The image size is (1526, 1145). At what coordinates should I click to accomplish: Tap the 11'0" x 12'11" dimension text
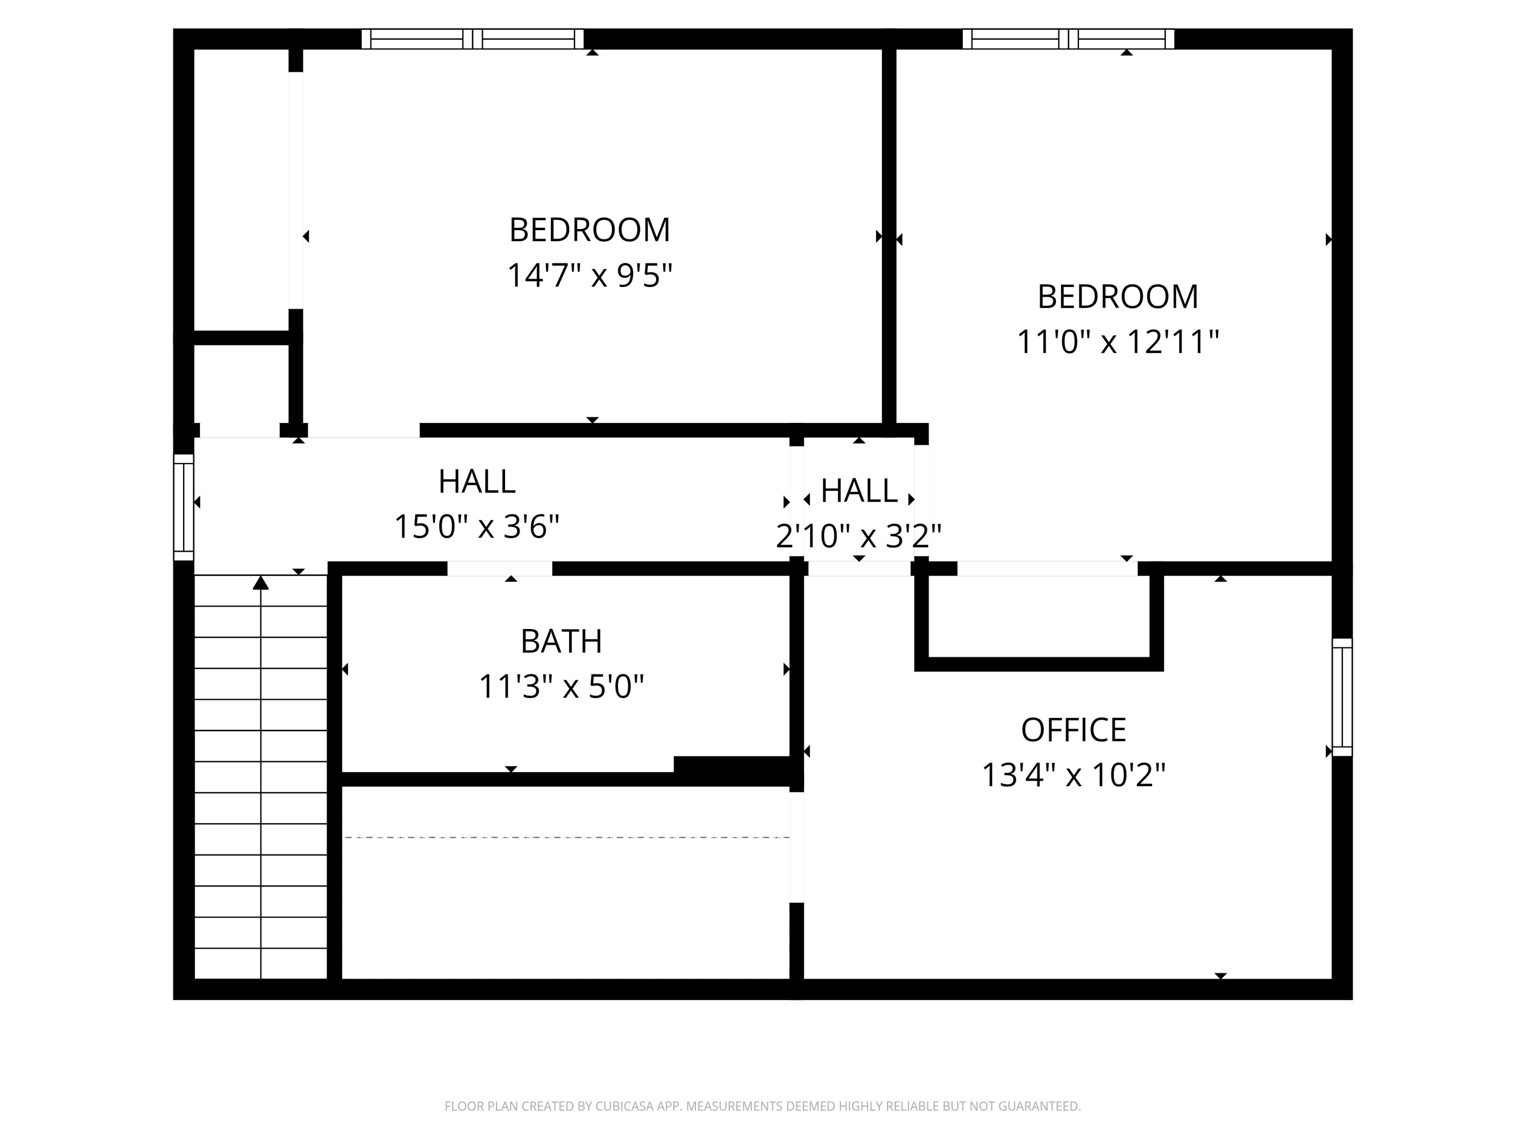(1118, 341)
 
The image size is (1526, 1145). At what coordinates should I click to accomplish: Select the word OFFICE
(1073, 730)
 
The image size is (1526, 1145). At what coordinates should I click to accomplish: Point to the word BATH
(561, 641)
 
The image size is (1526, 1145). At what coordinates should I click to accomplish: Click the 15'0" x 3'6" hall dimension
(476, 527)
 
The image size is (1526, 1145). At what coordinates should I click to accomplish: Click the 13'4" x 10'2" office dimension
(1073, 775)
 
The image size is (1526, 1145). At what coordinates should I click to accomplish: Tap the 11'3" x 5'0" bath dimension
(561, 686)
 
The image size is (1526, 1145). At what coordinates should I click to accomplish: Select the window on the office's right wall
(1341, 697)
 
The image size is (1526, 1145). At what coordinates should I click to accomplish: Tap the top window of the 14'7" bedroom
(473, 39)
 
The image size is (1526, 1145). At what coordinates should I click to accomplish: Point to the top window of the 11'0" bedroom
(1068, 39)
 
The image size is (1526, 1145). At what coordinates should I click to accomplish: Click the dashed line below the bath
(566, 837)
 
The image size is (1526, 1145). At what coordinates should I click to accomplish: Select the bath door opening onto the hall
(500, 569)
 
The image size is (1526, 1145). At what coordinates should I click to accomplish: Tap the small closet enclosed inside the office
(1038, 616)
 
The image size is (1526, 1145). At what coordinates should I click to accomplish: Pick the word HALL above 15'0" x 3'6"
(477, 482)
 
